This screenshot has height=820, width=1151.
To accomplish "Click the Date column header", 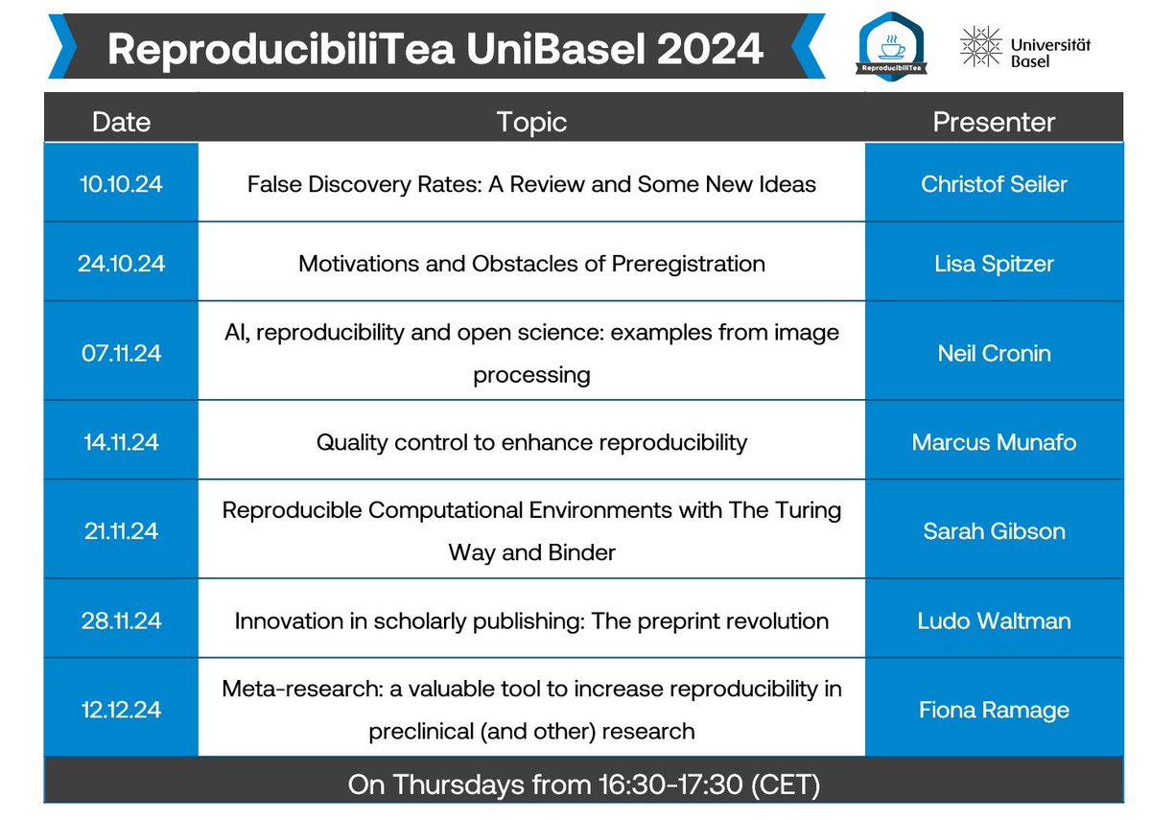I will click(x=121, y=122).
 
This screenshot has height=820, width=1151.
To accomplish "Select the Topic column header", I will click(x=531, y=122).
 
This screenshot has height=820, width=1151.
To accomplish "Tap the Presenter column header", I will click(x=994, y=122).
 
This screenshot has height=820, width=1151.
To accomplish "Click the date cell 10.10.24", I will click(x=121, y=183).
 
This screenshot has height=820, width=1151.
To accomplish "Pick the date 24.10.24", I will click(x=121, y=263).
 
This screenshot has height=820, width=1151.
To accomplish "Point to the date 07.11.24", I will click(x=121, y=353).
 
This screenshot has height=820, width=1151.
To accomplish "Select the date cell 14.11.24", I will click(x=121, y=442).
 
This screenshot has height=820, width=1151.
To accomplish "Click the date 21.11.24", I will click(x=121, y=530).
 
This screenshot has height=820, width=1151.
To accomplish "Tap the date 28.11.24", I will click(x=121, y=620).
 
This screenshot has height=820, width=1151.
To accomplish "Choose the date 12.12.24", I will click(x=121, y=710).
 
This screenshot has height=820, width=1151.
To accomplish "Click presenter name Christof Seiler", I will click(x=994, y=183).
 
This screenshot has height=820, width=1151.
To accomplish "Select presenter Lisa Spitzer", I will click(x=994, y=263).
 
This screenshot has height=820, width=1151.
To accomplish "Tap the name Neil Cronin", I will click(x=994, y=353).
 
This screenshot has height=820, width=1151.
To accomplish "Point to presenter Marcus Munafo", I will click(x=994, y=442).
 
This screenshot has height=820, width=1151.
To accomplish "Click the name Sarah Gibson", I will click(x=994, y=530).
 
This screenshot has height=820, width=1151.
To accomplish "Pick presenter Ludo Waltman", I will click(x=994, y=620).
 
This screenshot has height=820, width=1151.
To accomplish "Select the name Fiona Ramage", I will click(x=994, y=710).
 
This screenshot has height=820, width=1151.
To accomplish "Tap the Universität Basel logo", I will click(x=1024, y=46).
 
